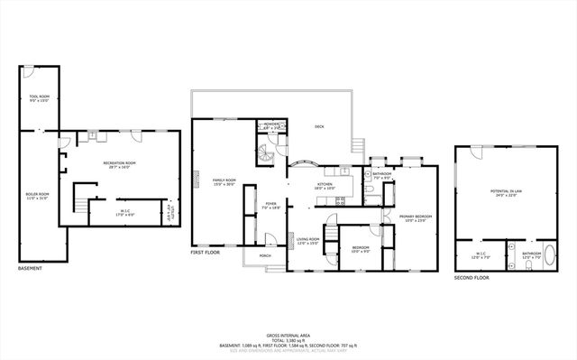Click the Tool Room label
pyautogui.click(x=39, y=97)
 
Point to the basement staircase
pyautogui.click(x=82, y=207)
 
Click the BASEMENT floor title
pyautogui.click(x=31, y=268)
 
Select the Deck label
pyautogui.click(x=318, y=127)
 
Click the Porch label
pyautogui.click(x=265, y=256)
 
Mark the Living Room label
pyautogui.click(x=308, y=241)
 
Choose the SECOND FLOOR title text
pyautogui.click(x=471, y=279)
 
